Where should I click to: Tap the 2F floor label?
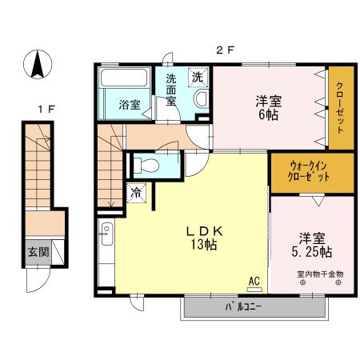(x=224, y=50)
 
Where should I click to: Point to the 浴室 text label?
(x=130, y=105)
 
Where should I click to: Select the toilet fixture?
(x=147, y=166)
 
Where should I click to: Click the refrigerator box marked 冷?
(x=136, y=192)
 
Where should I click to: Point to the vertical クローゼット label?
(x=339, y=109)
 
